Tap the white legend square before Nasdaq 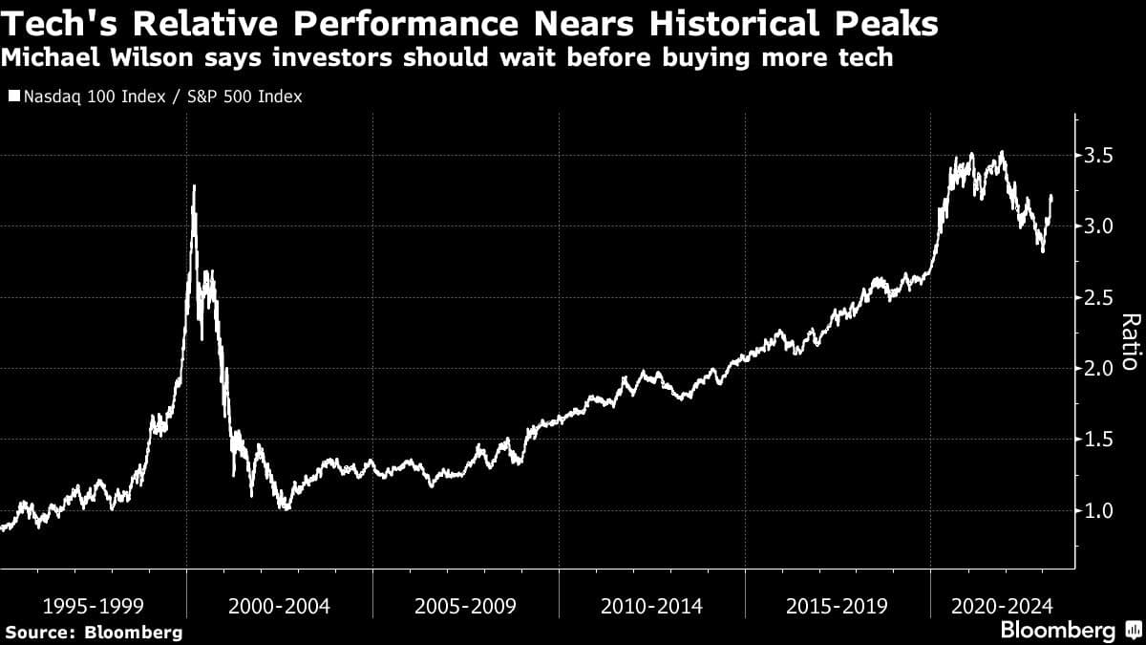point(12,97)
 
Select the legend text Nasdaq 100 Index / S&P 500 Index point(161,97)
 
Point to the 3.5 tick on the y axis point(1100,155)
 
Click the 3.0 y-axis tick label point(1100,226)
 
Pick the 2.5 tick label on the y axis point(1100,297)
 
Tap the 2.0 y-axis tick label point(1100,368)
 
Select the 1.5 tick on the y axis point(1100,440)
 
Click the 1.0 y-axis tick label point(1100,510)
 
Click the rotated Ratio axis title point(1130,342)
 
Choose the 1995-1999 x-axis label point(94,606)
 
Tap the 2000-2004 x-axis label point(280,606)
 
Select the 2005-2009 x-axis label point(466,606)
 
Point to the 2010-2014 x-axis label point(651,606)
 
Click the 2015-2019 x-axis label point(837,606)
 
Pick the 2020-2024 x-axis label point(1002,606)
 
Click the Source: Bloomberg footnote point(94,632)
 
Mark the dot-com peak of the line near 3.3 point(194,186)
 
